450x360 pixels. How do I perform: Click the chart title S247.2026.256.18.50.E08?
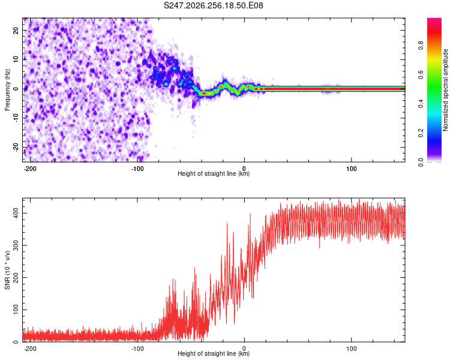213,5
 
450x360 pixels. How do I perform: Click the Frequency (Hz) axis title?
7,90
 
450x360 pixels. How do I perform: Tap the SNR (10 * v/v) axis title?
7,270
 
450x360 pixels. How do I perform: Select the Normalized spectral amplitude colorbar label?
445,90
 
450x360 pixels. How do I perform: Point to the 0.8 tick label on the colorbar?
421,46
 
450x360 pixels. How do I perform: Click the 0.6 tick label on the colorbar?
421,74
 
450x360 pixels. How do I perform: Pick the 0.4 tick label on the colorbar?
421,104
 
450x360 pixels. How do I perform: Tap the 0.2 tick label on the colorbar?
421,133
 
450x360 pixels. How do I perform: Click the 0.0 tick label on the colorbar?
421,162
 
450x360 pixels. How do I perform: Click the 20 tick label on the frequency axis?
16,30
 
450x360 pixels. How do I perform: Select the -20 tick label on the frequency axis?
16,147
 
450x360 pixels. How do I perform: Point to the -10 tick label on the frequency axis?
16,118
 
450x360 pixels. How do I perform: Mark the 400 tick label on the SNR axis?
16,214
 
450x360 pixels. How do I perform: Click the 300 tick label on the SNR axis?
16,245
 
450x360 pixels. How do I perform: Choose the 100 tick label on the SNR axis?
16,310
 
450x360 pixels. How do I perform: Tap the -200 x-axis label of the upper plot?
29,169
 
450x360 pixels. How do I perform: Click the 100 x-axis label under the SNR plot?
351,349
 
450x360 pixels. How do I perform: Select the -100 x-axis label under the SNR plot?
137,349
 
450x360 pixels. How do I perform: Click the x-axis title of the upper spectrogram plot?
214,173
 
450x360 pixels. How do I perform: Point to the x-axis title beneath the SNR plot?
214,353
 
